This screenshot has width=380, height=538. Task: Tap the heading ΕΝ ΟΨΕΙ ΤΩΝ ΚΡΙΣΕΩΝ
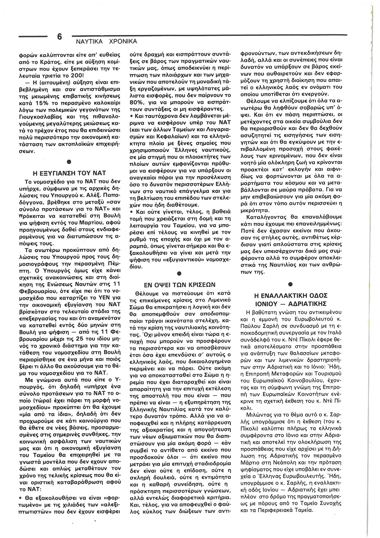pyautogui.click(x=180, y=284)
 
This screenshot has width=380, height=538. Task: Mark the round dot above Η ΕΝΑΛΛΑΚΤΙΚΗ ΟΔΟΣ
pyautogui.click(x=291, y=284)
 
